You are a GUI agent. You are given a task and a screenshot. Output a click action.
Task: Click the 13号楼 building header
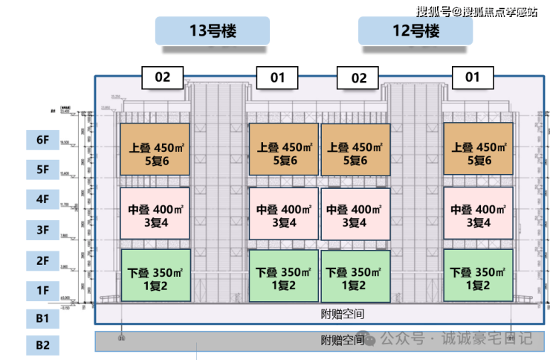212,31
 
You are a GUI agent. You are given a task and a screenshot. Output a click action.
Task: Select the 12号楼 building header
415,31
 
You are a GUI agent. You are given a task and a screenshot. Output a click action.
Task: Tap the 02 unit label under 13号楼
162,77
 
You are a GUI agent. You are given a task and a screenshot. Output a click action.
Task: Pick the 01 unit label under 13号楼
276,77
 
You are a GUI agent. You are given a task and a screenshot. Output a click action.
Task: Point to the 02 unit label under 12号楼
358,77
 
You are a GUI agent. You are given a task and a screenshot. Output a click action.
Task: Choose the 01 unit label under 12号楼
472,77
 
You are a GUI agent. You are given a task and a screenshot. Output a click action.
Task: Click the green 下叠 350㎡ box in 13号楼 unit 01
282,275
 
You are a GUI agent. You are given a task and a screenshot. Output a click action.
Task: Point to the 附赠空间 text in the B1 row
343,315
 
